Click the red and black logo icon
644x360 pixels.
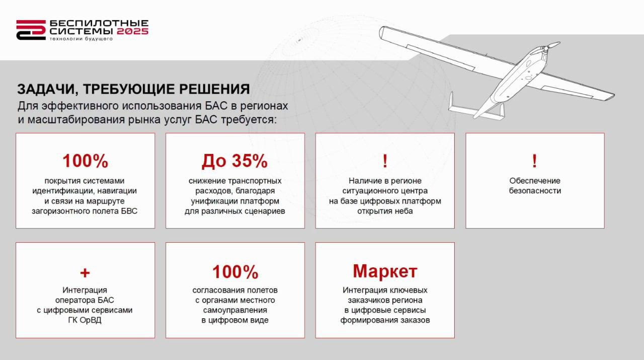31,30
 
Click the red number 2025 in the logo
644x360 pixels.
132,31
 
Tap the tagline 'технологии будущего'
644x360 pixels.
81,39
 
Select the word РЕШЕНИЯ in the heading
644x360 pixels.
214,89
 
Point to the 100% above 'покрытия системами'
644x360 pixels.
85,161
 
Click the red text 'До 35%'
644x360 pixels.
234,161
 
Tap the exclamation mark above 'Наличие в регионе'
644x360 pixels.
385,161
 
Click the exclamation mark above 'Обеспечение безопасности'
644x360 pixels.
534,161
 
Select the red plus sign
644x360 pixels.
85,272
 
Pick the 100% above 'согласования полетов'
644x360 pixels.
235,272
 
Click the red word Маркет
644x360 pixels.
385,271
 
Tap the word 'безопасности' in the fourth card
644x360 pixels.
535,191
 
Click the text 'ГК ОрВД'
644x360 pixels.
85,320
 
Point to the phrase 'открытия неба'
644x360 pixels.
385,211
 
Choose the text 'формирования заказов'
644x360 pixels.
385,320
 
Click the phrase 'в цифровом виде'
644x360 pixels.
235,320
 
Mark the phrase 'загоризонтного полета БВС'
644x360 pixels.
85,211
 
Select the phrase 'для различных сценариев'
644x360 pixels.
235,211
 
